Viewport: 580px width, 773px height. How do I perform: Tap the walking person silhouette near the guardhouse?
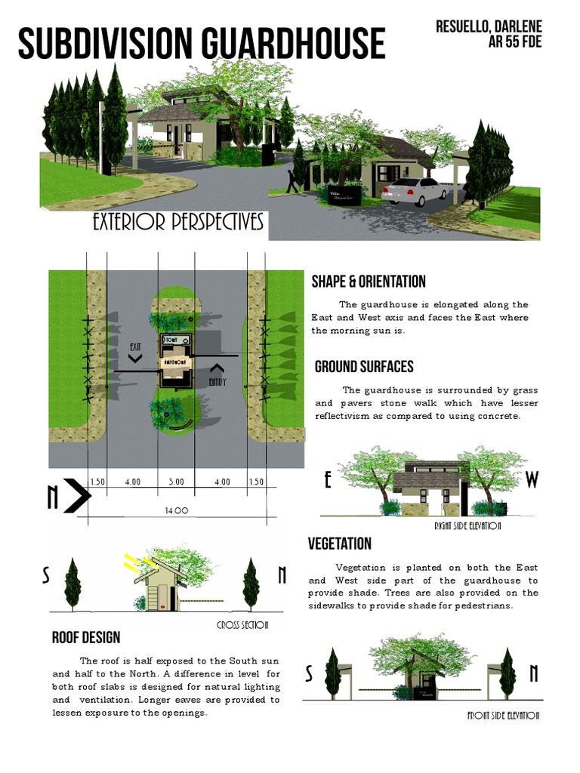tap(292, 181)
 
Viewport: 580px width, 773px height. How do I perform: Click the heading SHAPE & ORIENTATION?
tap(369, 282)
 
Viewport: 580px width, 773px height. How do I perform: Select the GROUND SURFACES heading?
tap(364, 367)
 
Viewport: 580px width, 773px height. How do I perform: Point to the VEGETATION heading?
tap(340, 544)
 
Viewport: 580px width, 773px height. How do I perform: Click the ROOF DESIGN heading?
tap(86, 638)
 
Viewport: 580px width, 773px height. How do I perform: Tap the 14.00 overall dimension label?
tap(176, 511)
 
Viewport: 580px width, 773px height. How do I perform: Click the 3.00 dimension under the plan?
tap(175, 482)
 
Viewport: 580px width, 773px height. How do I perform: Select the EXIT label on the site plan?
tap(135, 347)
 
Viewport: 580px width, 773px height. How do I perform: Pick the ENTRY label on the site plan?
tap(217, 382)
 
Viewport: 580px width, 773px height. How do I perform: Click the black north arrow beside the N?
tap(78, 496)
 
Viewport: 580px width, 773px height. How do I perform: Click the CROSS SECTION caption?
tap(242, 625)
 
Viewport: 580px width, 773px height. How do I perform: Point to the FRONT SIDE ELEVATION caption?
tap(504, 716)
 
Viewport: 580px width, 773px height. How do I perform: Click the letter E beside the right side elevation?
tap(328, 480)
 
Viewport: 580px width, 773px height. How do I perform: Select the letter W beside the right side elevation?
tap(532, 480)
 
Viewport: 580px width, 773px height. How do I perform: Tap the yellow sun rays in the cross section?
tap(136, 562)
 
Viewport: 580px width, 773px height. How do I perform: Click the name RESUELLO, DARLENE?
tap(489, 27)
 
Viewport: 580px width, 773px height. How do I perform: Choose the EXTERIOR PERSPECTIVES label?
tap(178, 223)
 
